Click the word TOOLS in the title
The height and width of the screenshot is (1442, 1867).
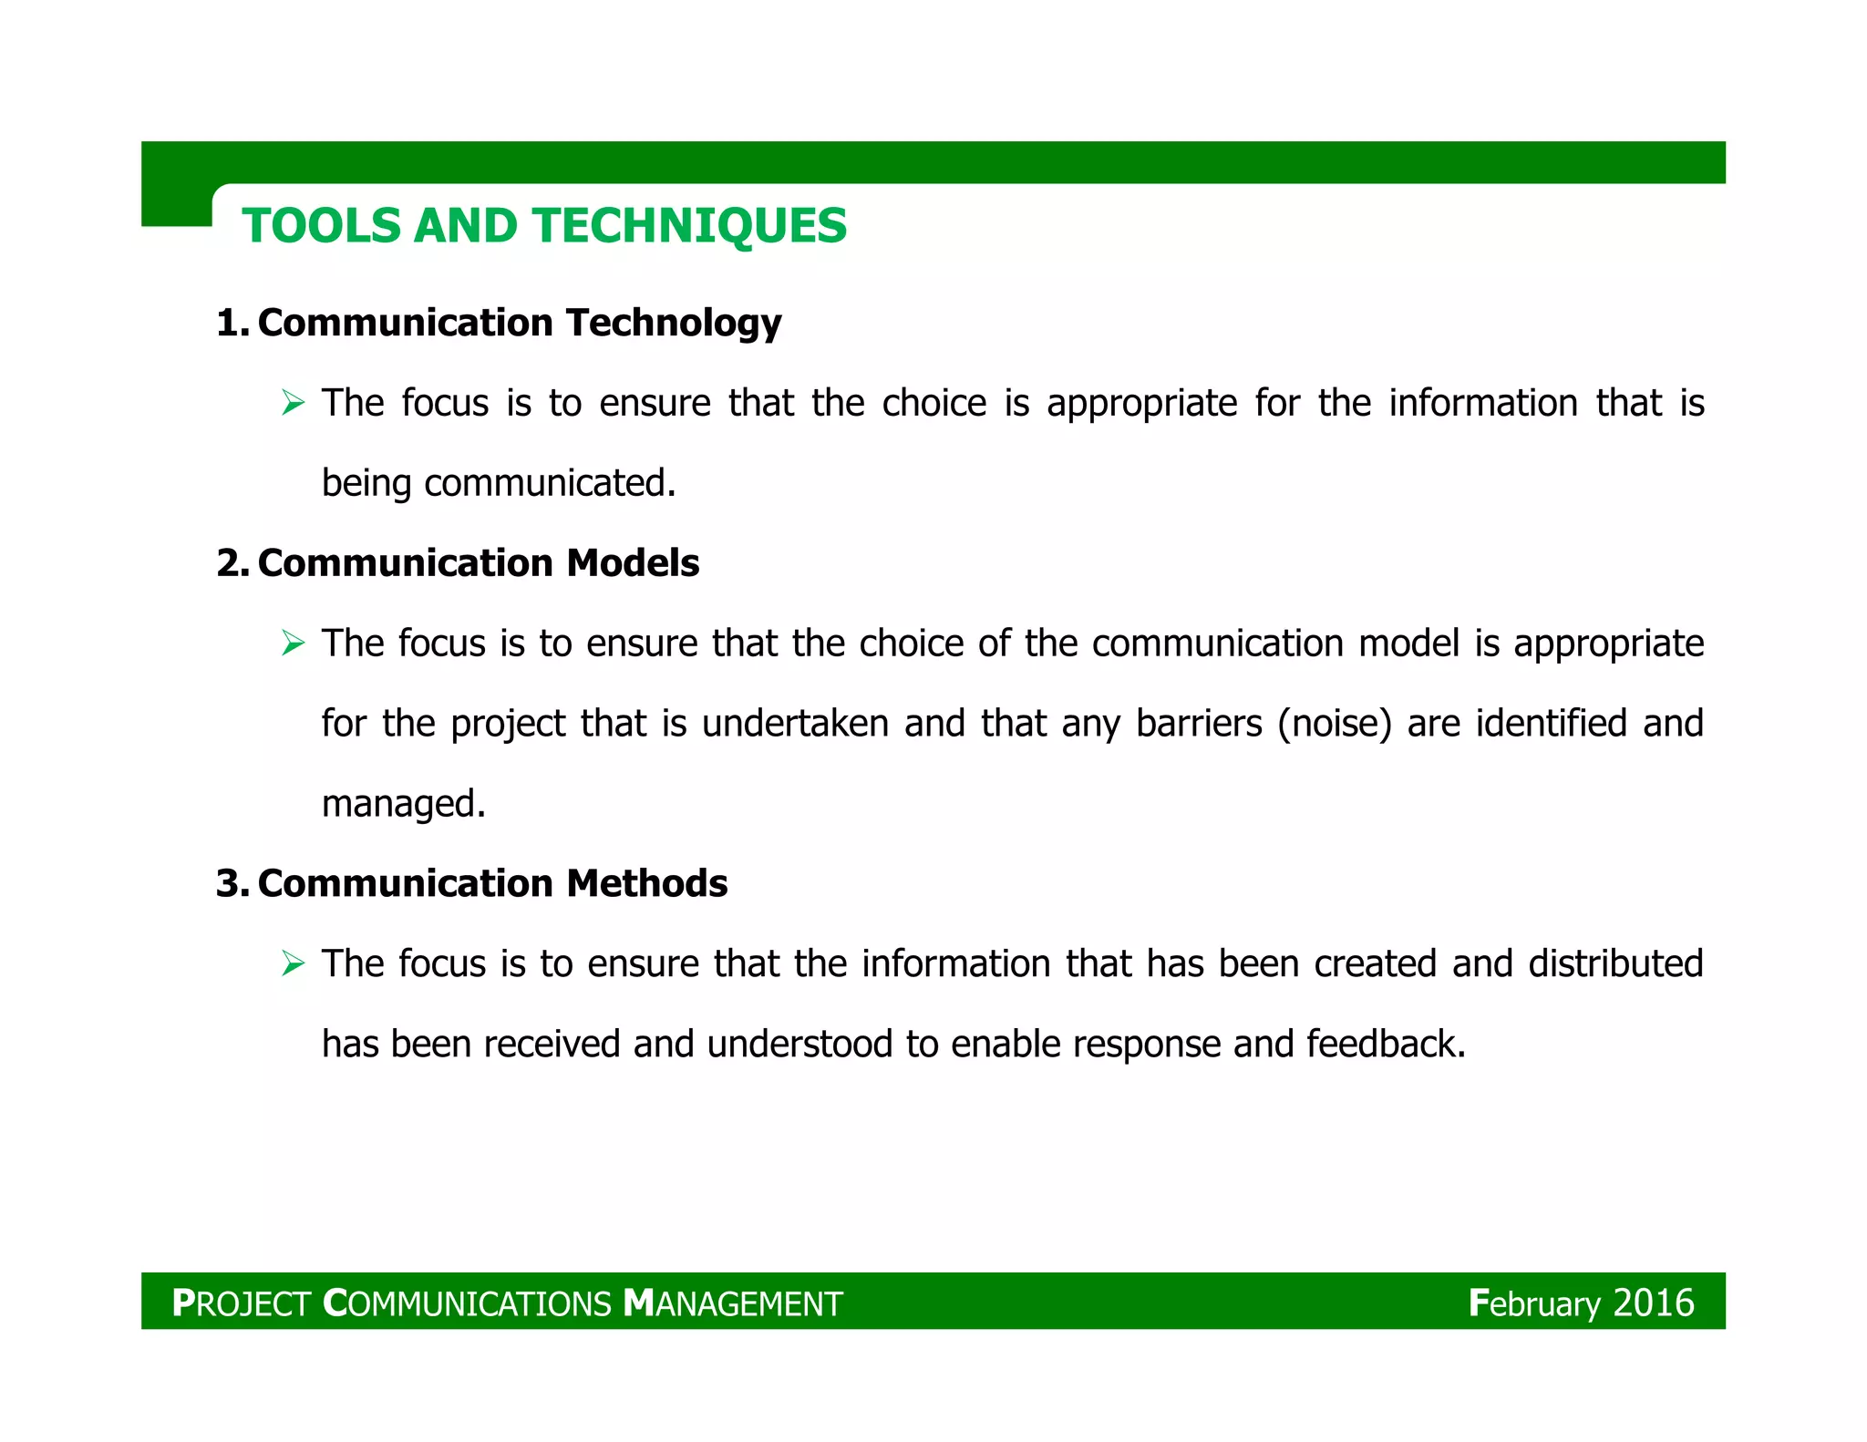point(321,226)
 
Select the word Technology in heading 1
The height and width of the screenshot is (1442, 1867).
point(673,324)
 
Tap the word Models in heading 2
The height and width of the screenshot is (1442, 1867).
point(632,563)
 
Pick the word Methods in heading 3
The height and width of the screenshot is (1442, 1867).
point(646,883)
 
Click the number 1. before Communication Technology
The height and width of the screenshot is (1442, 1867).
point(232,324)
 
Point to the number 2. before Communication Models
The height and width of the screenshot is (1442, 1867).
point(232,563)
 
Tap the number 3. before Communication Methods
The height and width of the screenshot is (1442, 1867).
point(232,883)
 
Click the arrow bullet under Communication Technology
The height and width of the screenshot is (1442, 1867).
point(293,402)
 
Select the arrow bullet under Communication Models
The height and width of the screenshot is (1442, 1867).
point(293,643)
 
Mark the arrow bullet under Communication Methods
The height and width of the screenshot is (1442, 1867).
point(293,963)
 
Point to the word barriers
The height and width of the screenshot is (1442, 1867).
point(1199,724)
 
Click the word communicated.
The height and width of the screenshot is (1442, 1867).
point(550,483)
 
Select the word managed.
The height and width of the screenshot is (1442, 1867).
point(403,804)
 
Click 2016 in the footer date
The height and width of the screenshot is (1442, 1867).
point(1653,1303)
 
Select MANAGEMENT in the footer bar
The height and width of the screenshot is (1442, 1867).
point(733,1303)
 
